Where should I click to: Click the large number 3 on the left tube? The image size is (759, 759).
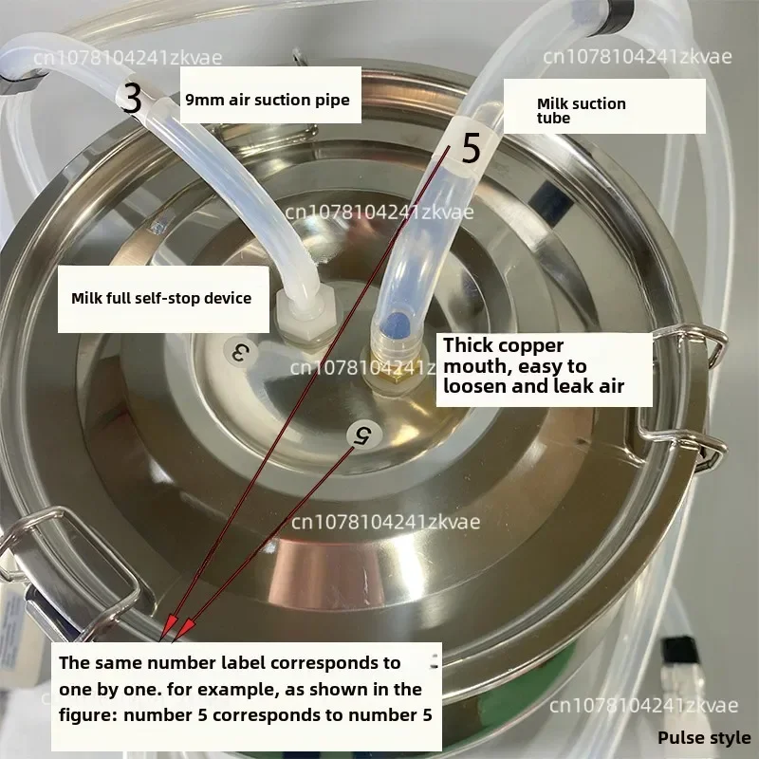pyautogui.click(x=131, y=98)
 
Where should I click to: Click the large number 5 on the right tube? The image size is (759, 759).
pyautogui.click(x=471, y=148)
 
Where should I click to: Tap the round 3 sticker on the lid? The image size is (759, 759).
pyautogui.click(x=240, y=352)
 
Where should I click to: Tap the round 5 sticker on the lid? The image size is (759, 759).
pyautogui.click(x=364, y=435)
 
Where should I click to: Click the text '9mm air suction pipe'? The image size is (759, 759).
pyautogui.click(x=268, y=100)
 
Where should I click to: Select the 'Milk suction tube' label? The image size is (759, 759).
pyautogui.click(x=582, y=110)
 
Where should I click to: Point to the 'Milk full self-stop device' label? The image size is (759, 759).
pyautogui.click(x=161, y=298)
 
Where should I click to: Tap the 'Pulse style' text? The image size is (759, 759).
pyautogui.click(x=704, y=738)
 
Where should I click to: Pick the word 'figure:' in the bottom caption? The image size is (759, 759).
pyautogui.click(x=87, y=715)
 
